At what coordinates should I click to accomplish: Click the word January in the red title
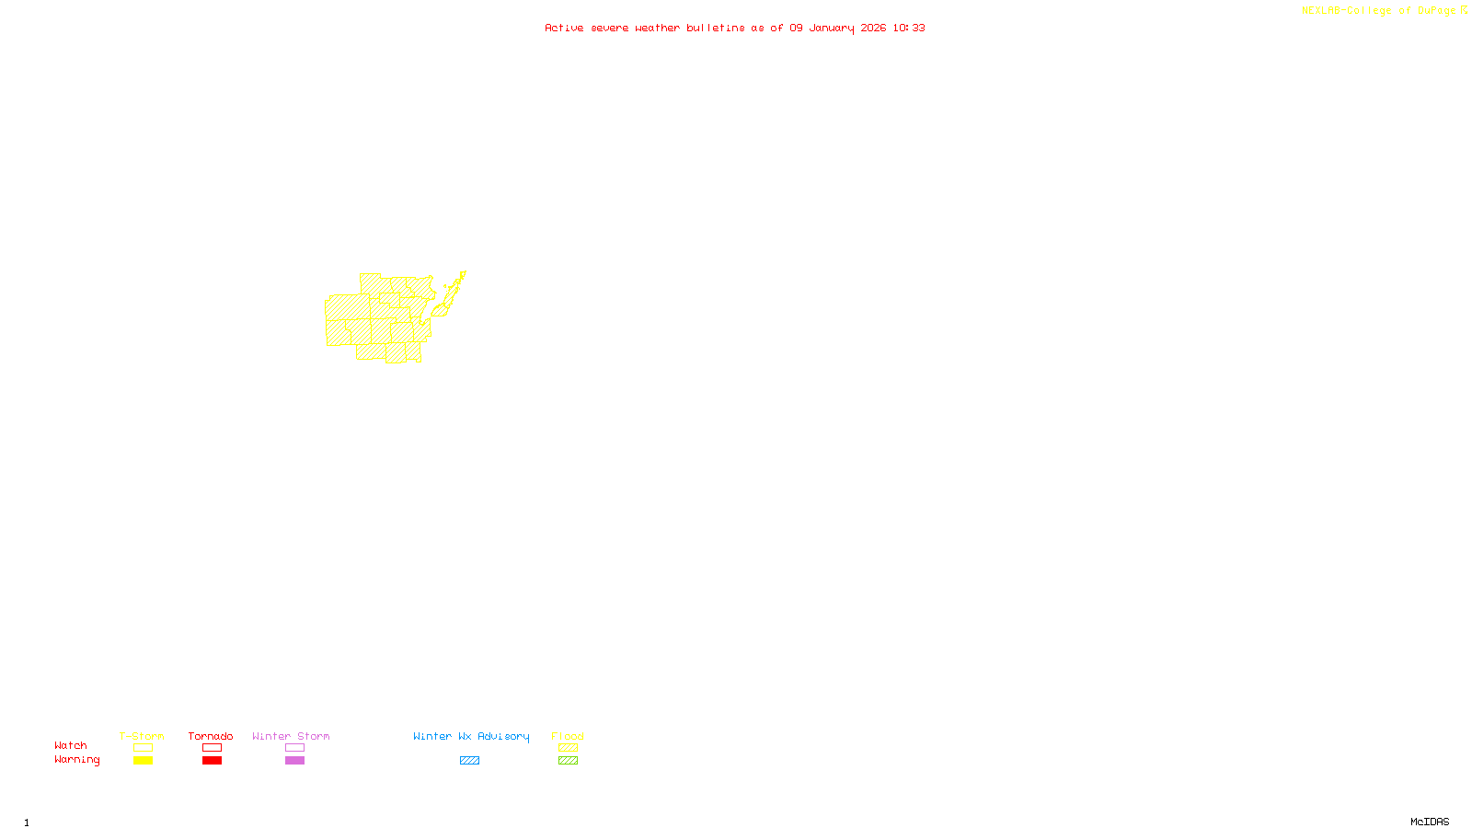[x=832, y=29]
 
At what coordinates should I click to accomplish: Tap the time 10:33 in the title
[x=908, y=29]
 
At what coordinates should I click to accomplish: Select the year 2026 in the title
[x=873, y=29]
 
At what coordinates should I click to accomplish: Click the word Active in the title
[x=564, y=29]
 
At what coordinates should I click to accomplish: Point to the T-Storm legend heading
[x=142, y=736]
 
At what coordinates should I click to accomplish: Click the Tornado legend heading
[x=211, y=736]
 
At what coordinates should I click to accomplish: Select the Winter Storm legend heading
[x=291, y=736]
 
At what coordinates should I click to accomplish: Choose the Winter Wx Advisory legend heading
[x=471, y=736]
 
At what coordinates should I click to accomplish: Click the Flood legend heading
[x=568, y=736]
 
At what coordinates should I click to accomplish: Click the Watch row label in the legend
[x=71, y=745]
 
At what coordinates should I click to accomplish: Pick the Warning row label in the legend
[x=77, y=760]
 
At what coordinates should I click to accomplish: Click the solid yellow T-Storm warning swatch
[x=143, y=761]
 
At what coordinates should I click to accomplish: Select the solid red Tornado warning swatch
[x=212, y=761]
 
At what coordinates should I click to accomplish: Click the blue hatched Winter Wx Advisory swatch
[x=469, y=761]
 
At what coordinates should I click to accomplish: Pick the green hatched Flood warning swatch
[x=568, y=761]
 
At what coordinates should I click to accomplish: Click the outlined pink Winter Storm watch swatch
[x=294, y=748]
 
